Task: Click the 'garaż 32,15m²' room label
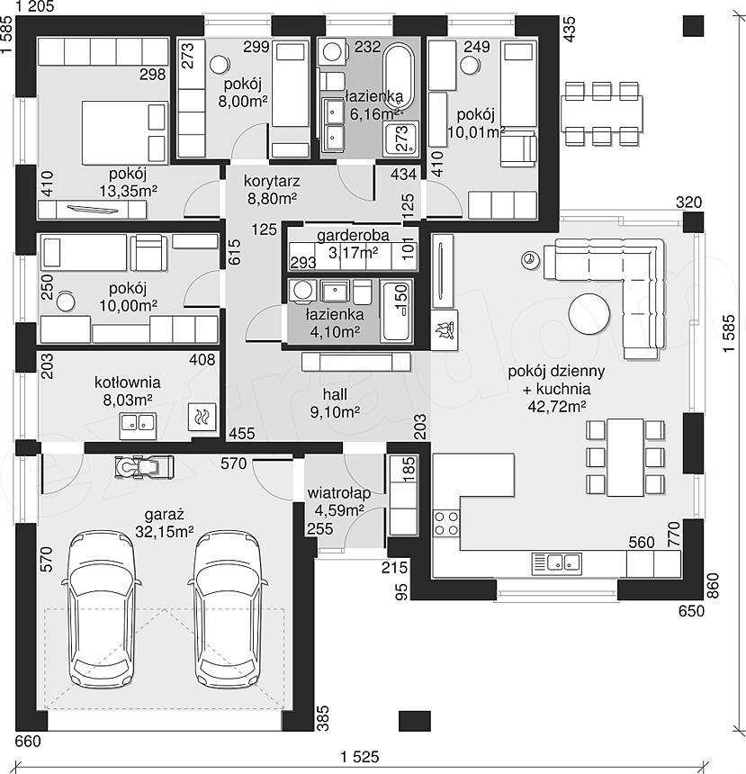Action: coord(165,523)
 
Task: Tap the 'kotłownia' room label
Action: coord(128,382)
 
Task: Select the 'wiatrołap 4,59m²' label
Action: coord(338,501)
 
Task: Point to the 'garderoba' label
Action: coord(353,235)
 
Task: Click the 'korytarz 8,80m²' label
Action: coord(272,190)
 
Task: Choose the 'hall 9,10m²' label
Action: coord(335,403)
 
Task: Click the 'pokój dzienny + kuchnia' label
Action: coord(556,380)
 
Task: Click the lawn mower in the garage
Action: coord(144,467)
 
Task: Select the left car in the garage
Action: coord(103,609)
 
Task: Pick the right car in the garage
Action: coord(227,609)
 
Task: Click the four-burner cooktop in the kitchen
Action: coord(445,524)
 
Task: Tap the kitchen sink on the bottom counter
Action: coord(556,563)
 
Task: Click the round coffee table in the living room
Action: coord(589,314)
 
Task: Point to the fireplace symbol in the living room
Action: coord(445,330)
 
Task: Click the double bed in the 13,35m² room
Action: coord(124,132)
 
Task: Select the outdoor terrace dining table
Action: coord(602,113)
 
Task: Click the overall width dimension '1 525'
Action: coord(359,756)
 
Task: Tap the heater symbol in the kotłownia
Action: coord(202,417)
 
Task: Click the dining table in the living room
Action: coord(625,457)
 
